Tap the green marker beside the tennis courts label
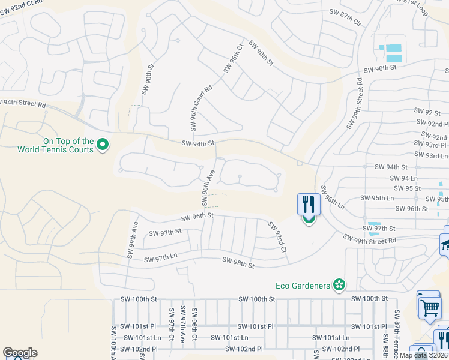102,144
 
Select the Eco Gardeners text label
303,286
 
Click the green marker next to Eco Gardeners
339,285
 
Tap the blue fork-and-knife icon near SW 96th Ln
308,205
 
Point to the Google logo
20,353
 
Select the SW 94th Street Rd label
23,103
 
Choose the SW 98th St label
238,262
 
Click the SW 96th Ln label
332,197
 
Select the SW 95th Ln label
377,198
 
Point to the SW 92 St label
427,112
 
